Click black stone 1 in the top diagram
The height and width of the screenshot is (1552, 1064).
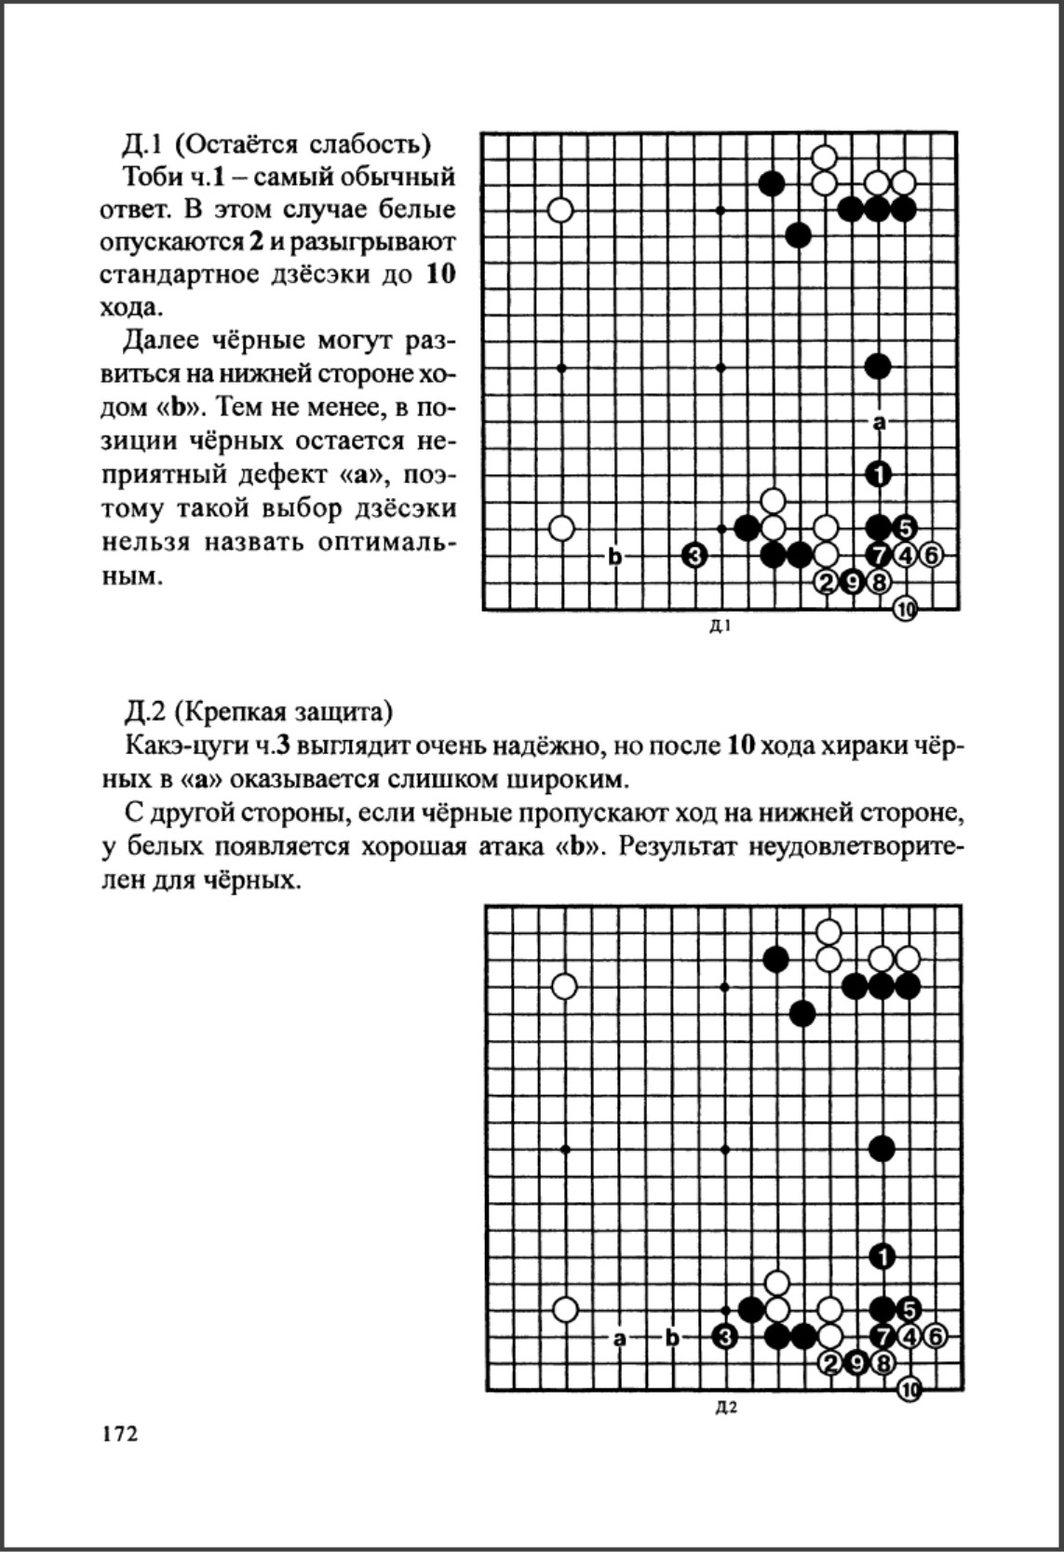pos(878,475)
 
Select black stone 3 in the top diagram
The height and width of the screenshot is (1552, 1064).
pos(694,556)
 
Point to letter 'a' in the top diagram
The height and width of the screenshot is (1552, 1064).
pos(878,423)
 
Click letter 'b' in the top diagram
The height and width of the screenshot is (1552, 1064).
pos(614,557)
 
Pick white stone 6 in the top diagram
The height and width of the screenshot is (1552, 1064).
pos(931,556)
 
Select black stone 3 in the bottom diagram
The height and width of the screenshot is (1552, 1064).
pos(724,1337)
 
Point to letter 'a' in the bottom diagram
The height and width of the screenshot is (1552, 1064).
pos(619,1338)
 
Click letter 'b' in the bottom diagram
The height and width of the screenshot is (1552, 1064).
pos(672,1338)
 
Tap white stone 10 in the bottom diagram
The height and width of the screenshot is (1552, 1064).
pos(909,1390)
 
